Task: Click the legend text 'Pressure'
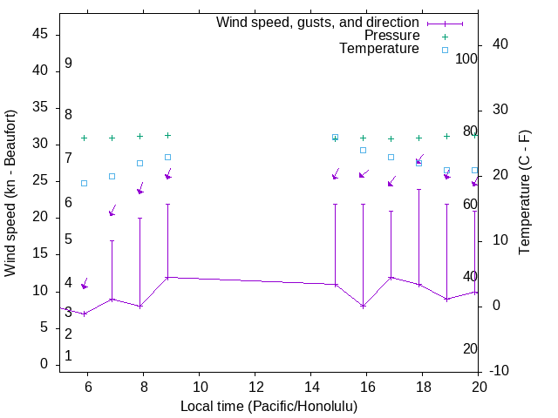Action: [391, 36]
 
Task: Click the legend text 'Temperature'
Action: [379, 49]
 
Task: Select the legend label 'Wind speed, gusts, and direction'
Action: [318, 23]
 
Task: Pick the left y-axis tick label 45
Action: [39, 34]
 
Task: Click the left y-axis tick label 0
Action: [44, 364]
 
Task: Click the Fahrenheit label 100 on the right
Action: [467, 59]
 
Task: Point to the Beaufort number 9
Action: [68, 64]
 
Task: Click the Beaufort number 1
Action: [68, 356]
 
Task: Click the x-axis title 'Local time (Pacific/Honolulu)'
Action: [269, 407]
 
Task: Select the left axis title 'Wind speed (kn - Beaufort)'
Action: [10, 193]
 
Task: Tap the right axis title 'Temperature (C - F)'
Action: [524, 193]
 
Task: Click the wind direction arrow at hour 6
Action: [85, 284]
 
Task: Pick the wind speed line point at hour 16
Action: [364, 306]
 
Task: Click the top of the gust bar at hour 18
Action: [419, 189]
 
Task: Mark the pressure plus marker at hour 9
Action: [168, 135]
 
